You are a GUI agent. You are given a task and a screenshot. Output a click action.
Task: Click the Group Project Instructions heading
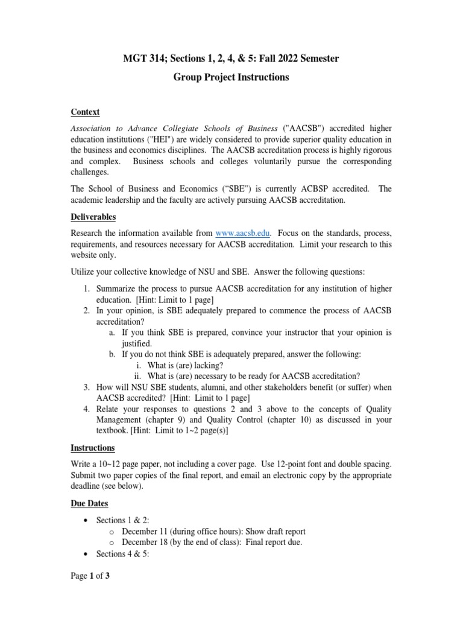tap(231, 77)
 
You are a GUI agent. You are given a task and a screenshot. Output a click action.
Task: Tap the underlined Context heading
tap(85, 112)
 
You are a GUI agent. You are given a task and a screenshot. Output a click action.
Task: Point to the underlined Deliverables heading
tap(93, 217)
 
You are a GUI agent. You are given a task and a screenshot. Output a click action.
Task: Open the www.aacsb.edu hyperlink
tap(243, 232)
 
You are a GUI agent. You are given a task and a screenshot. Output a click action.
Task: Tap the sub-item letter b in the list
tap(112, 354)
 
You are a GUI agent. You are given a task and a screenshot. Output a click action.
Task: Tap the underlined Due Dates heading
tap(90, 503)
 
